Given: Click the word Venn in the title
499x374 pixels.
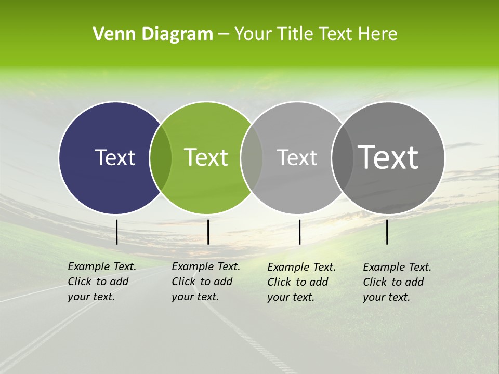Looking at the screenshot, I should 111,34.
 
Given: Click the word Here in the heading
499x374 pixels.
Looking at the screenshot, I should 378,34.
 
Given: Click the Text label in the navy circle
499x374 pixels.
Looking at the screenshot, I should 115,157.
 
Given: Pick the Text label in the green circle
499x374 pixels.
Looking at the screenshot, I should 206,157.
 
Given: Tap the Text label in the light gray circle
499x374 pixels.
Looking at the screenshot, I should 297,157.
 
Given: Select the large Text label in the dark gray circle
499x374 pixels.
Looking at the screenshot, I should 388,157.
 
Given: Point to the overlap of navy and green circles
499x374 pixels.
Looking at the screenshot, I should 161,157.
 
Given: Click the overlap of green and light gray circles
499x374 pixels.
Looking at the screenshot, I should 252,157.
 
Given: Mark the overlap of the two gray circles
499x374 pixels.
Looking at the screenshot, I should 340,157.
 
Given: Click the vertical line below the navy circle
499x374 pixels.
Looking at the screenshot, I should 116,232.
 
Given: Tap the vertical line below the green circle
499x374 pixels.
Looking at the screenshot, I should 208,232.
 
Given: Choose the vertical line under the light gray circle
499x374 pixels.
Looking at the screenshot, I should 299,232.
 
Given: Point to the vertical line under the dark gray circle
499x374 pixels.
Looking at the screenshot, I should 387,232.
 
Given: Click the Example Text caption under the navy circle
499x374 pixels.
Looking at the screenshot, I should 101,282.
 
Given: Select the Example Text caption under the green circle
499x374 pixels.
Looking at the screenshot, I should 205,282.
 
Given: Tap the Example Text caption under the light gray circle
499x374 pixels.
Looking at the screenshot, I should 301,282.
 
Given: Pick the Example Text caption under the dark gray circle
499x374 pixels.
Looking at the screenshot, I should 397,282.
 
